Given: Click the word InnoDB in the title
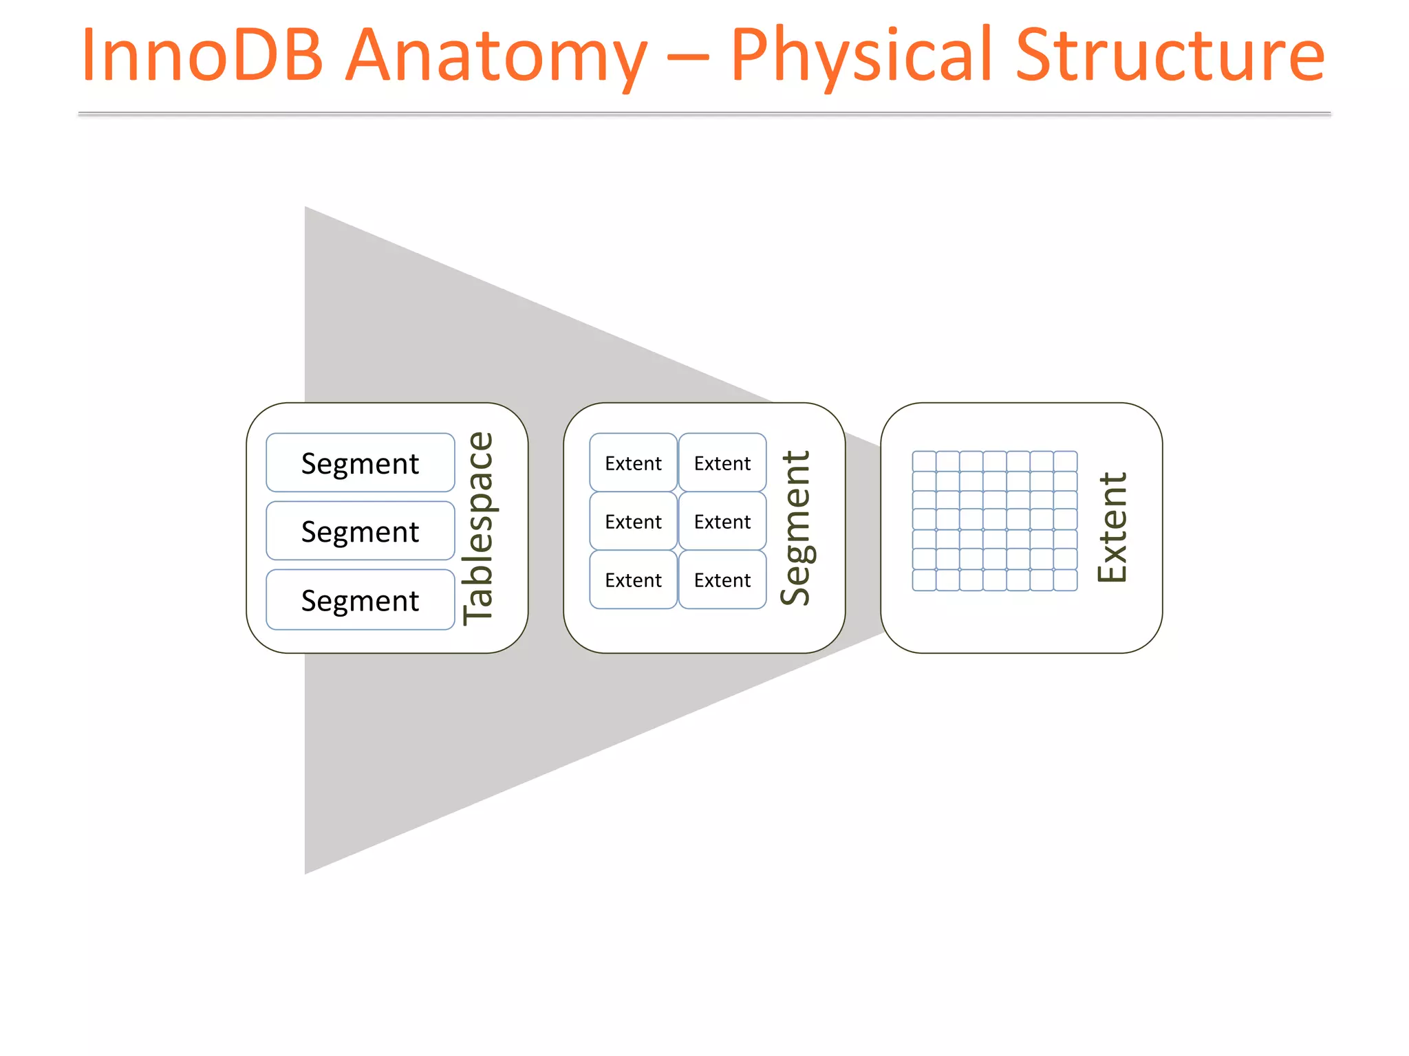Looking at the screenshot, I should pyautogui.click(x=202, y=55).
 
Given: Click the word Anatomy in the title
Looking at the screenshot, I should pyautogui.click(x=495, y=55).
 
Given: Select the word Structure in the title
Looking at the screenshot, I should pyautogui.click(x=1170, y=55).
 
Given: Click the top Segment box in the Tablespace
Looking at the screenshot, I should pyautogui.click(x=360, y=463).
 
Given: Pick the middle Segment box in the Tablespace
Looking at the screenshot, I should pyautogui.click(x=360, y=531).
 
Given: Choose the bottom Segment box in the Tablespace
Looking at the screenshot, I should pyautogui.click(x=360, y=599).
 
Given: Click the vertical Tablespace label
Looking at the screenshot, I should pyautogui.click(x=478, y=528).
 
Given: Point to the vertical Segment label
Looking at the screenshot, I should pyautogui.click(x=795, y=528).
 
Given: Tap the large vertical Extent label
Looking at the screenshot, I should pyautogui.click(x=1112, y=528).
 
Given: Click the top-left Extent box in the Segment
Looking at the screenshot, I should pyautogui.click(x=633, y=463).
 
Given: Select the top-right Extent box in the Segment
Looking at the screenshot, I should pyautogui.click(x=722, y=463).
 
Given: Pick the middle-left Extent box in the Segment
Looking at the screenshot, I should pyautogui.click(x=633, y=521).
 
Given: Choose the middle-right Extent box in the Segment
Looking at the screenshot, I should pyautogui.click(x=722, y=521).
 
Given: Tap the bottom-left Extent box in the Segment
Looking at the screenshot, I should pyautogui.click(x=633, y=580).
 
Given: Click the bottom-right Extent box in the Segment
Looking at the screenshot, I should pyautogui.click(x=722, y=580).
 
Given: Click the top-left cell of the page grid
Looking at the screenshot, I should pyautogui.click(x=924, y=461).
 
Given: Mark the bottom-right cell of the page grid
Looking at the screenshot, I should pyautogui.click(x=1065, y=580).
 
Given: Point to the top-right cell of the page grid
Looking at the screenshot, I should pyautogui.click(x=1065, y=461).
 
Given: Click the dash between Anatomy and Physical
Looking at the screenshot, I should pyautogui.click(x=688, y=58).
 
